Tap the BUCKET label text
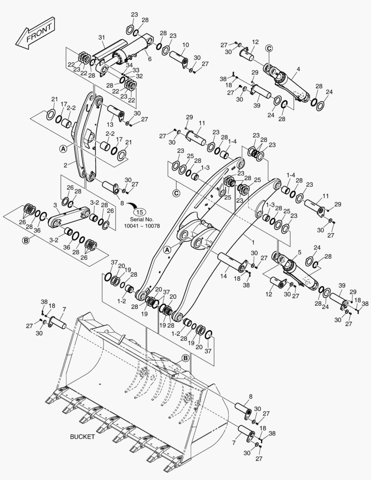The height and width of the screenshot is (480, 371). tap(82, 437)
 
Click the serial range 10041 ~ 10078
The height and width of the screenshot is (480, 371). tap(142, 226)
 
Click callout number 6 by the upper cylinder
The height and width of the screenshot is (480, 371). tap(149, 59)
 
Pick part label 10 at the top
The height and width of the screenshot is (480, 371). tap(185, 44)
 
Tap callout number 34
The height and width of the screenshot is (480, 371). tap(129, 65)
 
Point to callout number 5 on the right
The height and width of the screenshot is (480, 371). tap(299, 252)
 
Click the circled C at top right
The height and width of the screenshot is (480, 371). tap(269, 48)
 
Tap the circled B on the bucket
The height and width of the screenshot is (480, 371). tap(185, 358)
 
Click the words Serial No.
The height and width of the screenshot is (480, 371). tap(142, 220)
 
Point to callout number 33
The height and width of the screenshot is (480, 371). tap(136, 70)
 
